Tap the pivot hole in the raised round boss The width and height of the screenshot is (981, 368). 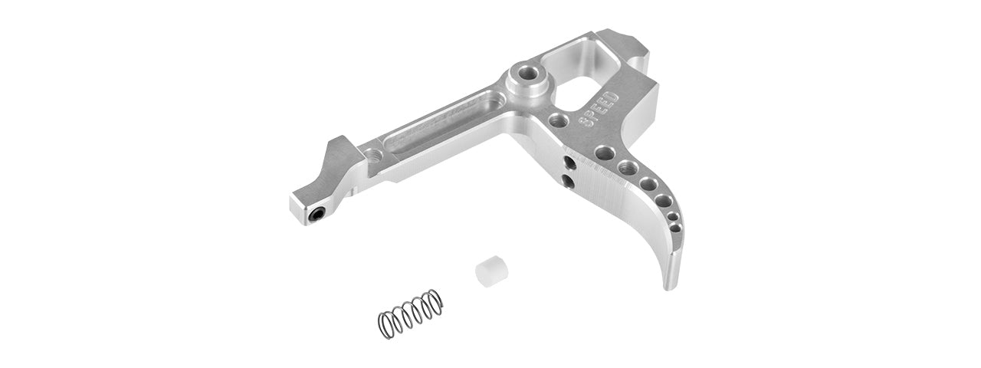[527, 74]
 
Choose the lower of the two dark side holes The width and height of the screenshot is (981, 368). [568, 179]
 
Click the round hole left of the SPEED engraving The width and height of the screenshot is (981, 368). [559, 120]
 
